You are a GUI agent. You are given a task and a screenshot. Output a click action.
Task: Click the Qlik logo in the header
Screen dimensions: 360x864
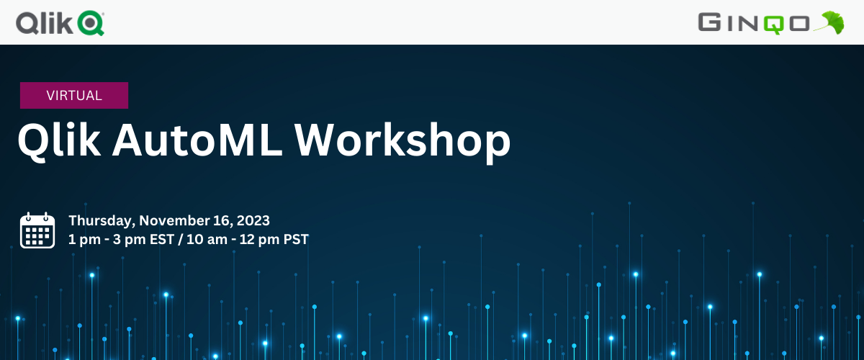[x=60, y=23]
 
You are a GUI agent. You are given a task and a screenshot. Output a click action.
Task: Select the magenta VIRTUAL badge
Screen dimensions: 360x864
[x=74, y=95]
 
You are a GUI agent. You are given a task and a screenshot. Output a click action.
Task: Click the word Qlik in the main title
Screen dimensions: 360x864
[x=58, y=140]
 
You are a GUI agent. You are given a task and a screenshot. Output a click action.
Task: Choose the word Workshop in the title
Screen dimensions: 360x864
[x=402, y=140]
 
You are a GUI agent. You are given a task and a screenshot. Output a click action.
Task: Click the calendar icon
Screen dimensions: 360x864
[x=37, y=230]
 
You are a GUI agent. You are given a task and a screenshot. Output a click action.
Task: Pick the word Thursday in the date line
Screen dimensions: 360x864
[x=101, y=220]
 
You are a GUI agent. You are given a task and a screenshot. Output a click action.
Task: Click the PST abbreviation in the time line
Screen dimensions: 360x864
[x=295, y=239]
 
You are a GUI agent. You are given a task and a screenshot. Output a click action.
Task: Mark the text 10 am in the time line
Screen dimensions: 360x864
[x=204, y=239]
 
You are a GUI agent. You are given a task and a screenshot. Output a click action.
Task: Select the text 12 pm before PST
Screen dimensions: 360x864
[x=261, y=239]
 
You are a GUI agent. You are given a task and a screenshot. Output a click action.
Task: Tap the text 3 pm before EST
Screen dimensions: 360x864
[x=128, y=239]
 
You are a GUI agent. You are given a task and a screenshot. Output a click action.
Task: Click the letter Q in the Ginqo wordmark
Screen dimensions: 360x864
[x=769, y=23]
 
